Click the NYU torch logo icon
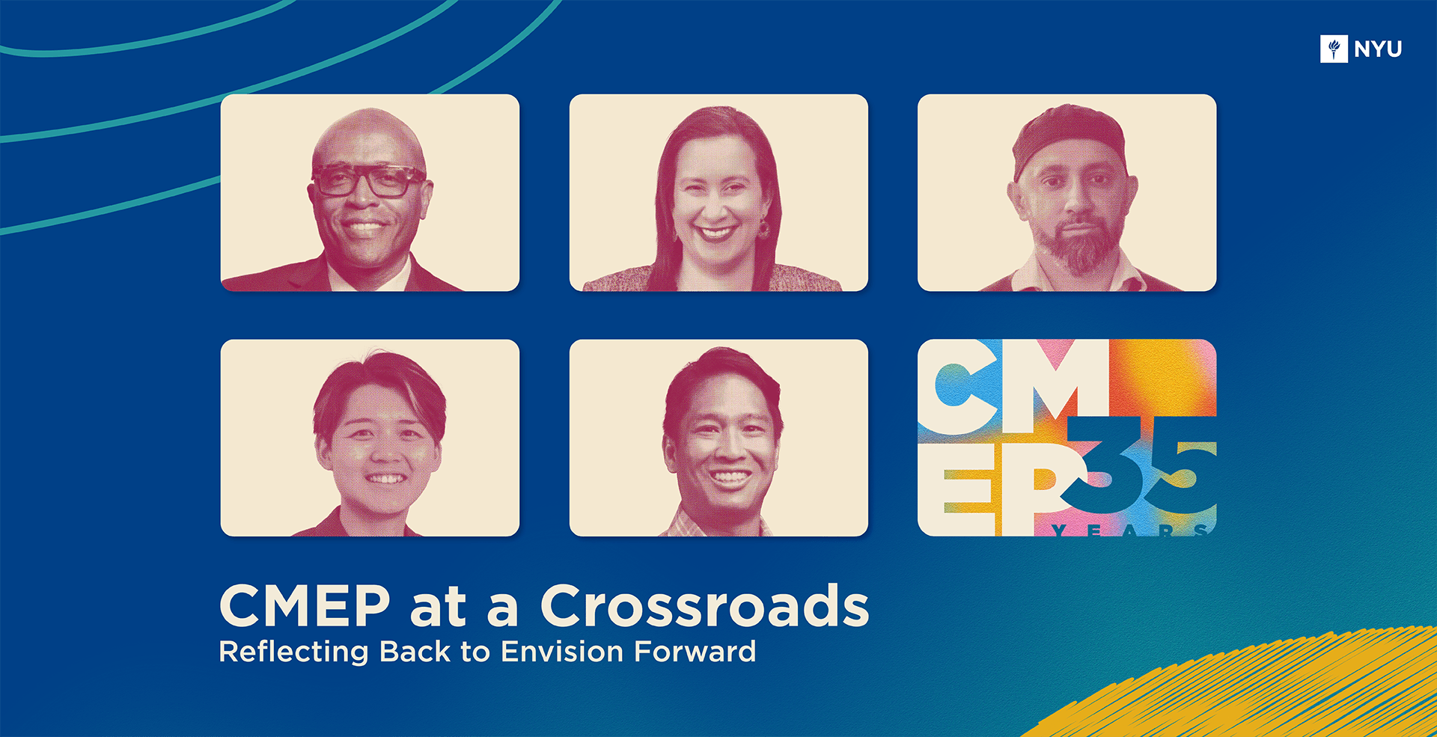coord(1334,49)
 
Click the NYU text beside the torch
coord(1378,49)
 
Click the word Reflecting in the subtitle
coord(293,652)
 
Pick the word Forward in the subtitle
coord(695,652)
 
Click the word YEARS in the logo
coord(1129,530)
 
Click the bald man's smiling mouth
coord(364,226)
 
